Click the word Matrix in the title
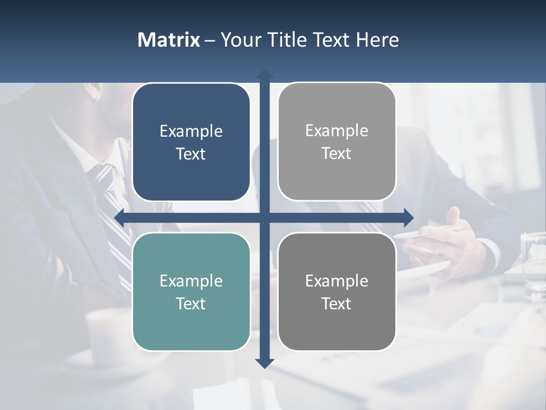[169, 40]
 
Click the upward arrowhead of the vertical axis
[264, 74]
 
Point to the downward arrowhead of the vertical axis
[264, 363]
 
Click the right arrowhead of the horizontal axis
[408, 218]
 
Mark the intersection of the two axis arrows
[264, 218]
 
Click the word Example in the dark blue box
[191, 132]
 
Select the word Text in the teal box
[191, 304]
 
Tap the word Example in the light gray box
[337, 131]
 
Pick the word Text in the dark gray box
[337, 304]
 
